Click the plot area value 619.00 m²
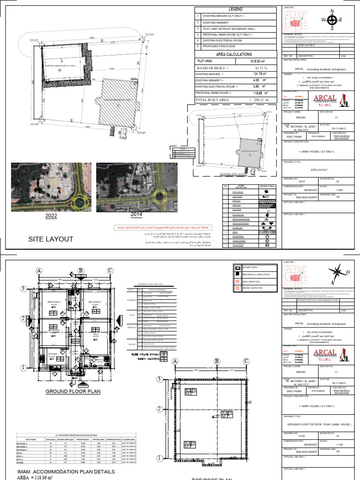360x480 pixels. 254,61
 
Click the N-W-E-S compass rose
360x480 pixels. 332,20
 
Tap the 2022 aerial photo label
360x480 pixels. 51,216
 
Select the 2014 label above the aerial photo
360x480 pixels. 136,214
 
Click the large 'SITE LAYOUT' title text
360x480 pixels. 51,239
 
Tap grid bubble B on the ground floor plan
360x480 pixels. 81,271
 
